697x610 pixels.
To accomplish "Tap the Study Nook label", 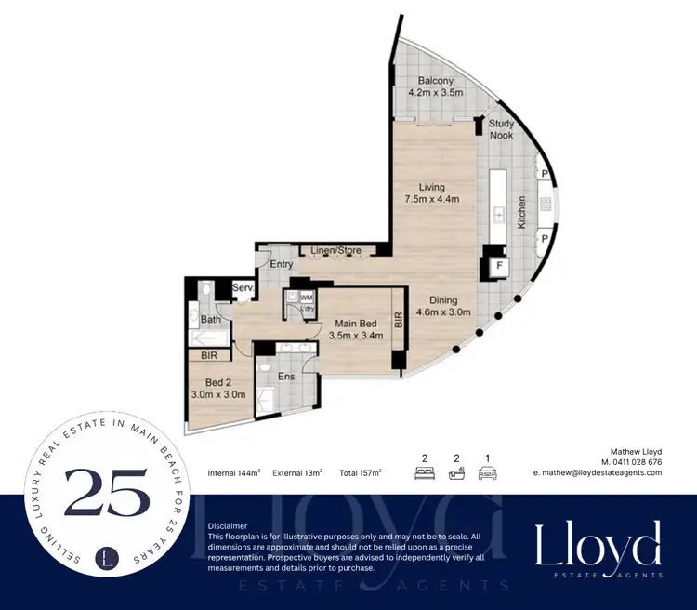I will click(x=501, y=129).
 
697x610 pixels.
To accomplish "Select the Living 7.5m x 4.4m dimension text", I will click(x=432, y=192).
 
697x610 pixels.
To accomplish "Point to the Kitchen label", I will click(x=522, y=213).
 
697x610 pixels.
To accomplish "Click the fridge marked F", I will click(x=499, y=265).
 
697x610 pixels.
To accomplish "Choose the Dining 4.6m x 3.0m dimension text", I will click(x=443, y=307).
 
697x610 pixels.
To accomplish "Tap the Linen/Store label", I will click(x=335, y=251).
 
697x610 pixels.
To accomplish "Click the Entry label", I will click(x=282, y=265).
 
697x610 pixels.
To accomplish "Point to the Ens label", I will click(x=287, y=377).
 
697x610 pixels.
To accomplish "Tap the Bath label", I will click(x=210, y=320).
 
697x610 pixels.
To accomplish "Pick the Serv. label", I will click(x=243, y=289).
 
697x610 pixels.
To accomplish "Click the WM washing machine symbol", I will click(x=307, y=297).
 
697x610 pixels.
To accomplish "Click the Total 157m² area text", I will click(x=361, y=473).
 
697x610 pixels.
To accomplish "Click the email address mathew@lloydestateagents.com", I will click(x=598, y=472).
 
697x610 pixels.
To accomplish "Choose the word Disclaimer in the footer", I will click(x=230, y=525).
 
